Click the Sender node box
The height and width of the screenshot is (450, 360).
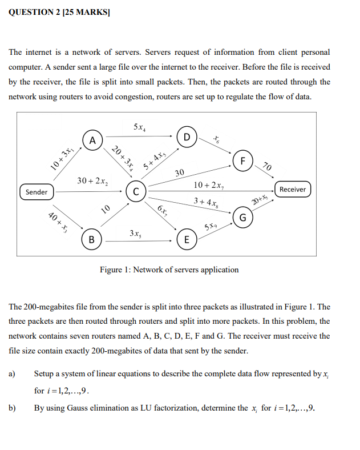pyautogui.click(x=37, y=192)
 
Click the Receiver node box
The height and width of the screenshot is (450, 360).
pyautogui.click(x=293, y=189)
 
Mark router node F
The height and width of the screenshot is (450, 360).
pyautogui.click(x=242, y=160)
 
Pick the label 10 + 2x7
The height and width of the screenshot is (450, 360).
pyautogui.click(x=209, y=185)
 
